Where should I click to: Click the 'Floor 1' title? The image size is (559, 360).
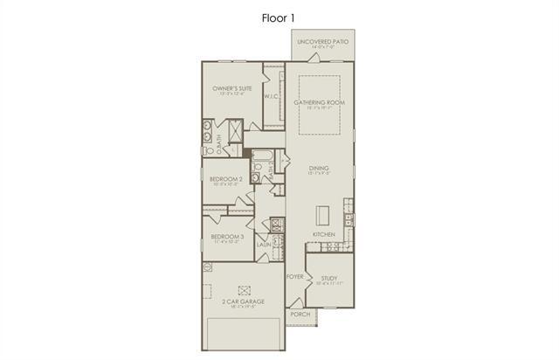tap(279, 17)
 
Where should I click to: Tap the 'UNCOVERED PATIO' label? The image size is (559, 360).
tap(322, 42)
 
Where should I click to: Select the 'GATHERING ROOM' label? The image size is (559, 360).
tap(320, 102)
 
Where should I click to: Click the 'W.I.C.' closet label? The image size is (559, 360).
tap(271, 97)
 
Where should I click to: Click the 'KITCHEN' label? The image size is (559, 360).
tap(324, 235)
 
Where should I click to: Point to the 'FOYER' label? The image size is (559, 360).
tap(294, 275)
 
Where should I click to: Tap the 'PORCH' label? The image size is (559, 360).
tap(300, 314)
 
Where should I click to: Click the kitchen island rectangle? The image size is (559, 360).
tap(322, 216)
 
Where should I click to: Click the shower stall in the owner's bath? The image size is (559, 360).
tap(234, 131)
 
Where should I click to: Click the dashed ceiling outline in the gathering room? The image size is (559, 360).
tap(320, 105)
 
